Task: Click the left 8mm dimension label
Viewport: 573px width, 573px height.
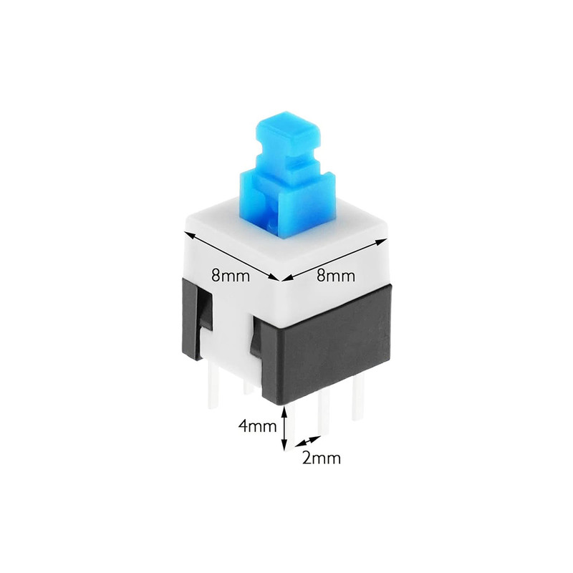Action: click(231, 276)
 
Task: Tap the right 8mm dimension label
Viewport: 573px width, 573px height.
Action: click(335, 275)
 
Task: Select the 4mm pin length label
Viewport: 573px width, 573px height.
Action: click(257, 425)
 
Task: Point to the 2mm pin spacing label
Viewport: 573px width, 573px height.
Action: click(321, 458)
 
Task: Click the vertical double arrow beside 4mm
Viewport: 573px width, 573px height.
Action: click(284, 428)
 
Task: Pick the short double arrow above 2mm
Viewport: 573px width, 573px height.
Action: click(307, 440)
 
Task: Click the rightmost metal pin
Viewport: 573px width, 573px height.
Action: click(358, 398)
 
